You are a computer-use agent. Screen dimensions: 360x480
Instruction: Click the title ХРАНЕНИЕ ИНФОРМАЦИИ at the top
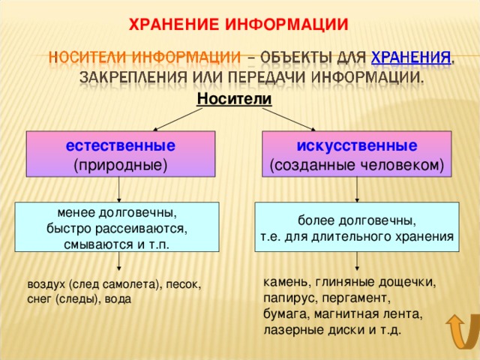click(239, 23)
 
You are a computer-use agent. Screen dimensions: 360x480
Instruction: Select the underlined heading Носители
click(234, 98)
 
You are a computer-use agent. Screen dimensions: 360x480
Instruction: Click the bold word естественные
click(121, 144)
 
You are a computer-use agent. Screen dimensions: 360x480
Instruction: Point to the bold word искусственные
click(357, 144)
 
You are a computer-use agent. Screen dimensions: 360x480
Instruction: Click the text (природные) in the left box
click(121, 163)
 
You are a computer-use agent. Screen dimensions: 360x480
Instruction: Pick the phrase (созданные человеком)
click(357, 163)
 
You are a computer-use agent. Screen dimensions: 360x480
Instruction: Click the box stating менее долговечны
click(118, 226)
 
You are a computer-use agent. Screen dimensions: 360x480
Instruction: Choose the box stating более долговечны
click(357, 226)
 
